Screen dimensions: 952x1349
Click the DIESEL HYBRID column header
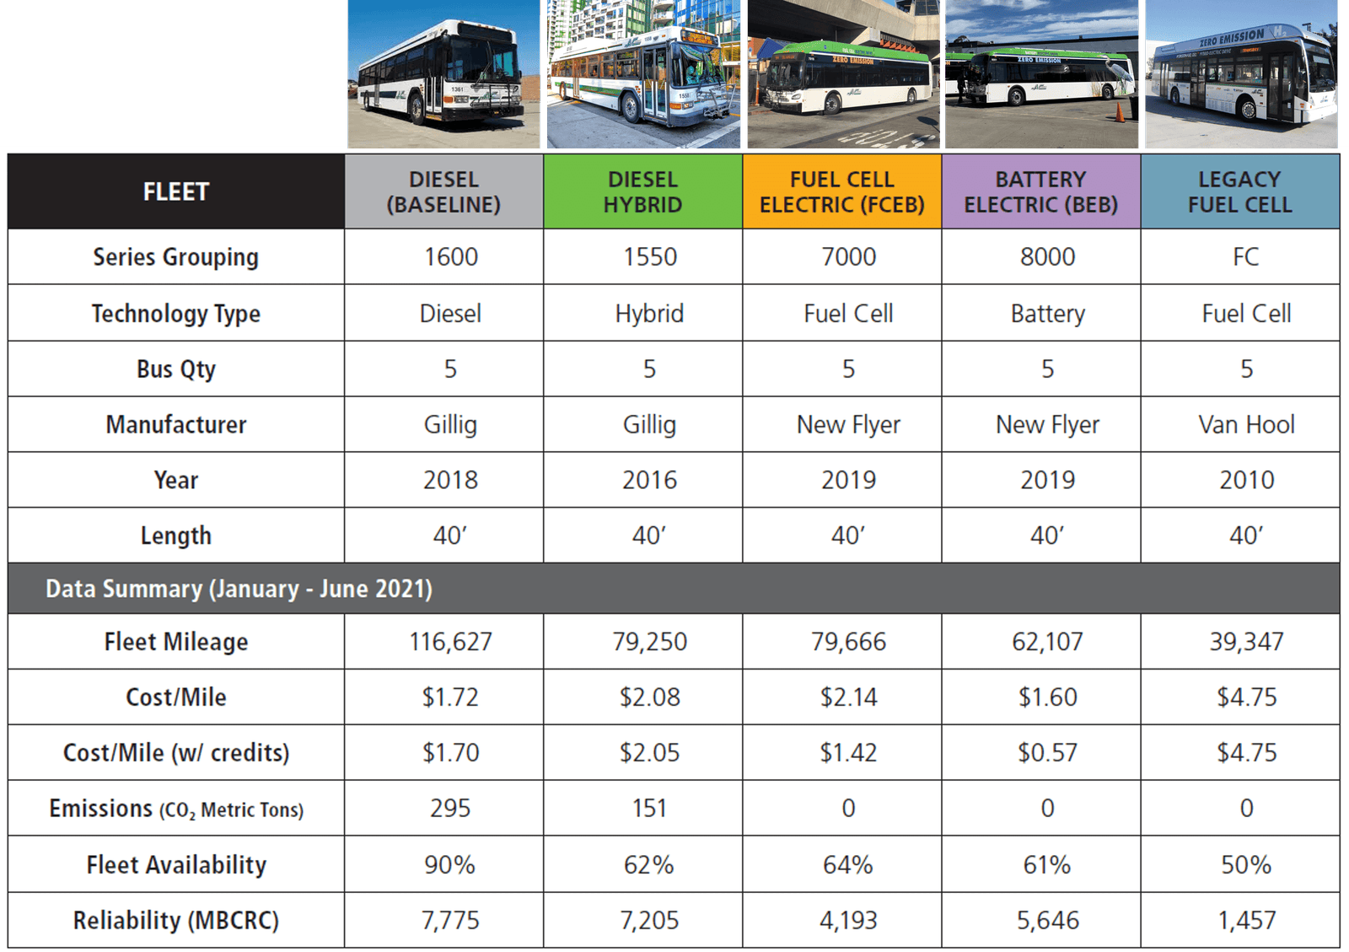coord(642,191)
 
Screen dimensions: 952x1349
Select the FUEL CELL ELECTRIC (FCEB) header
coord(841,191)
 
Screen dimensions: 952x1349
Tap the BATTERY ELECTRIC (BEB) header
coord(1040,191)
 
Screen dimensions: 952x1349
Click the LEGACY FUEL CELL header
coord(1239,191)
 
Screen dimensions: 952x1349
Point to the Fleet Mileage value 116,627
coord(450,642)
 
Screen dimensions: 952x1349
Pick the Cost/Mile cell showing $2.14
coord(848,697)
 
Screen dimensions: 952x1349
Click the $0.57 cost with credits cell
coord(1047,752)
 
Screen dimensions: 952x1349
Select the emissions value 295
coord(450,808)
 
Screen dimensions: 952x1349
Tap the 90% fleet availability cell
coord(450,864)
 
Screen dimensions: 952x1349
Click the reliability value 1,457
coord(1246,920)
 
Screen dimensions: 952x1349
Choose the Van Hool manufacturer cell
coord(1246,424)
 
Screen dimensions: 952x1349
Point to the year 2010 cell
coord(1246,480)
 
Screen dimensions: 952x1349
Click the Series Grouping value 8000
coord(1047,256)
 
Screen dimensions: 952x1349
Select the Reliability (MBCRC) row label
coord(175,920)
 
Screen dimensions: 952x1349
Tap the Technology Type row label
coord(175,314)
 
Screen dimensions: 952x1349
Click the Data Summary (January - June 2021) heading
coord(239,589)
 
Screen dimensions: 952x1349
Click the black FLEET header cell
coord(175,191)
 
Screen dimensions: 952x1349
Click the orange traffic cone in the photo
coord(1120,112)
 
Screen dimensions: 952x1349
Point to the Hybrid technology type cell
coord(649,314)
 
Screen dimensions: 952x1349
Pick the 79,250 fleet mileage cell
coord(649,642)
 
